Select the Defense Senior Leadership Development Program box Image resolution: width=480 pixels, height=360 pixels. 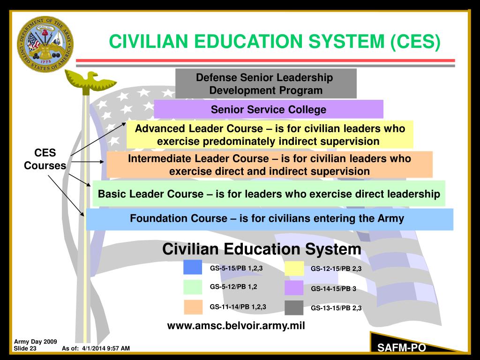266,83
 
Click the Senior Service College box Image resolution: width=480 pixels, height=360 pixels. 268,110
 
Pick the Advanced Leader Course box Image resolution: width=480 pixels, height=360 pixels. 270,135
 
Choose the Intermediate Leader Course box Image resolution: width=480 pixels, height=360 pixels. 270,165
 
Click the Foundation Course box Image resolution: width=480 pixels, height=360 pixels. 270,219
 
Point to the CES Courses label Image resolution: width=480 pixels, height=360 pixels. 45,159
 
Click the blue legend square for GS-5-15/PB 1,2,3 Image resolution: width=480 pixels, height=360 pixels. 193,267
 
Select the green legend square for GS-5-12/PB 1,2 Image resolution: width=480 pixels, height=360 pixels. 193,287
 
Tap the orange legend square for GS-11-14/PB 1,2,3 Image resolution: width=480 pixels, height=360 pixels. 193,307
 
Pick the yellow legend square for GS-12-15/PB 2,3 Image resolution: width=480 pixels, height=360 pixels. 294,268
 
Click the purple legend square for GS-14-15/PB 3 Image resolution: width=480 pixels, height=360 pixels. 294,288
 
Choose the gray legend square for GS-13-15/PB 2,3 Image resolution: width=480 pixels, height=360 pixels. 294,308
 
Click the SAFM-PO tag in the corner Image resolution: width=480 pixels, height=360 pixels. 402,347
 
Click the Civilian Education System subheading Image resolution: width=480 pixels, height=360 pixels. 262,249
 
